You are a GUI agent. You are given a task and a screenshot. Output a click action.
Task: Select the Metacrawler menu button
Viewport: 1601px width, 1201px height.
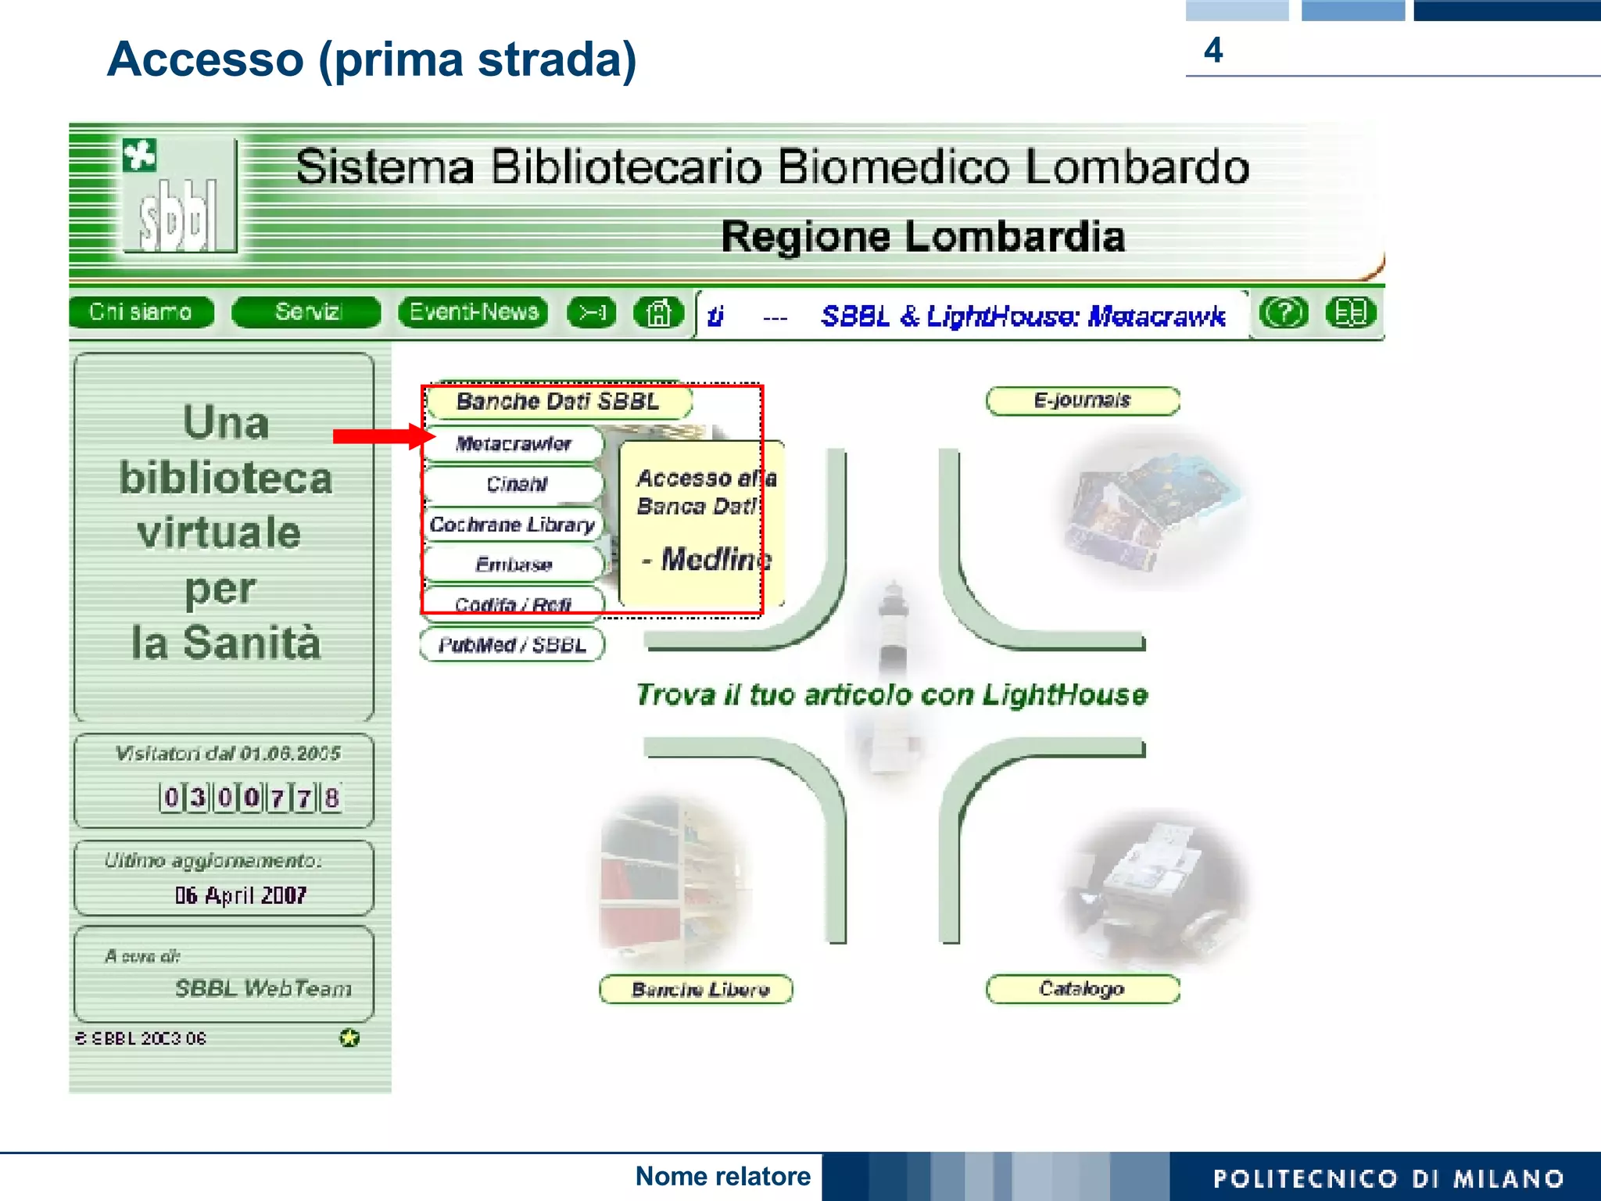(514, 444)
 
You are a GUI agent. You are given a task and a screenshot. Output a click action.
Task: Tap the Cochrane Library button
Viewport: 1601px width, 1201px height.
(513, 525)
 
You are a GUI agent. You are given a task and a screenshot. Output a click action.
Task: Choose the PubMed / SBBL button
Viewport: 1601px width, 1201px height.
(512, 645)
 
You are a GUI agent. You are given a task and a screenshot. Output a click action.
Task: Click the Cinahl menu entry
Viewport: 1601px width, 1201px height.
(516, 485)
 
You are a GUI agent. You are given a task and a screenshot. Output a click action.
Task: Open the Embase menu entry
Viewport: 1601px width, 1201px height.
(514, 565)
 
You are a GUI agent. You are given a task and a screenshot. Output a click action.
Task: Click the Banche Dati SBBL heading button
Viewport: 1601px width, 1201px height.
(558, 402)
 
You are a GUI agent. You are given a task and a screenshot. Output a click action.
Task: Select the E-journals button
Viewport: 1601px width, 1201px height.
(1083, 401)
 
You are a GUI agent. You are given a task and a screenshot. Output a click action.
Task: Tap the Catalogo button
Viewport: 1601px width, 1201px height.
(1082, 989)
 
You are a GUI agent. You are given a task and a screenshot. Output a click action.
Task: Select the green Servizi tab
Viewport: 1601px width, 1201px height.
(307, 313)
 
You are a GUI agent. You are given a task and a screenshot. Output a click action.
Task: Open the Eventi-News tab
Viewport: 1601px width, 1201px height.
(474, 313)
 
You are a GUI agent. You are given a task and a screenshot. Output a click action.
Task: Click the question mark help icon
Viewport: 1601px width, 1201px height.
(1283, 314)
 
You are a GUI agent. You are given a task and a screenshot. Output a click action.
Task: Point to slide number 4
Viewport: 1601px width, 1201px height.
(1213, 51)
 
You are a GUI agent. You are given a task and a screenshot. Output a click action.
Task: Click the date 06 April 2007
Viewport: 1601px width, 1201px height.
(241, 895)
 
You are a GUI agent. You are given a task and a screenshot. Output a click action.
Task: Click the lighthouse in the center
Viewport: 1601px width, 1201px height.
(892, 641)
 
